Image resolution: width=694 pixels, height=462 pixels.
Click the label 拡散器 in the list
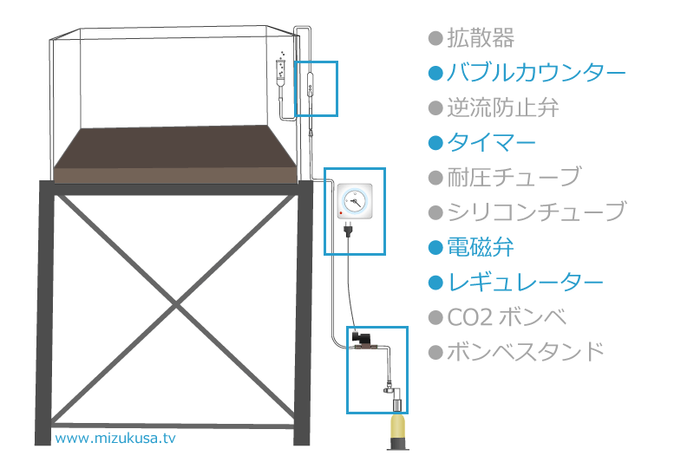[481, 38]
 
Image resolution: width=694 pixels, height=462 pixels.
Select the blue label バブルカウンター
[536, 73]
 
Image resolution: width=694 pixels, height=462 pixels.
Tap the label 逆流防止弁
[503, 107]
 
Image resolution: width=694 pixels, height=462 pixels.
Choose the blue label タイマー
[491, 143]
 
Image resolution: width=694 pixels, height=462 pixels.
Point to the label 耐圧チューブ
[514, 178]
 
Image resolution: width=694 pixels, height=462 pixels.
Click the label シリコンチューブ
[536, 212]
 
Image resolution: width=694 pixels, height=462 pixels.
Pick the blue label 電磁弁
[481, 247]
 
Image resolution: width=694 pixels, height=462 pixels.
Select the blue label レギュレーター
[526, 282]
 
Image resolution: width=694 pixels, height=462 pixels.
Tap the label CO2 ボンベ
[507, 317]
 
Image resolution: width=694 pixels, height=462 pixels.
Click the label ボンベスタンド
[526, 352]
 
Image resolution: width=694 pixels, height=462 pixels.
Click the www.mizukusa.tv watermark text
[115, 438]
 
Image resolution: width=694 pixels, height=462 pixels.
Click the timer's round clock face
[355, 201]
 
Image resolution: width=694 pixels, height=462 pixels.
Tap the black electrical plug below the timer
[349, 230]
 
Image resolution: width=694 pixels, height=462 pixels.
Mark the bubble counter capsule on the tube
[311, 84]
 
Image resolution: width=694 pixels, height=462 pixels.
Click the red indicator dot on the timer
[341, 213]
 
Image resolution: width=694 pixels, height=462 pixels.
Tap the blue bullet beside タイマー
[436, 143]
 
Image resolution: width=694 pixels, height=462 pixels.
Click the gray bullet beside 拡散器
[436, 38]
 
